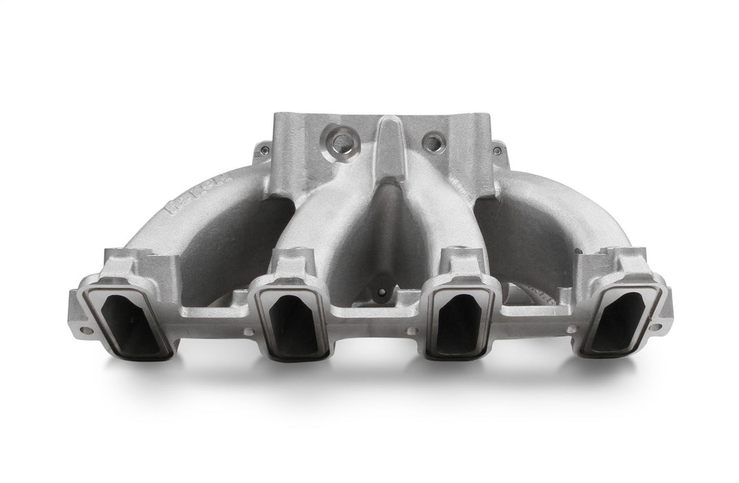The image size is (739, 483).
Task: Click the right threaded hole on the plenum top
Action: point(431,143)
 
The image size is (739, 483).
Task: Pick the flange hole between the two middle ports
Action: point(411,331)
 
